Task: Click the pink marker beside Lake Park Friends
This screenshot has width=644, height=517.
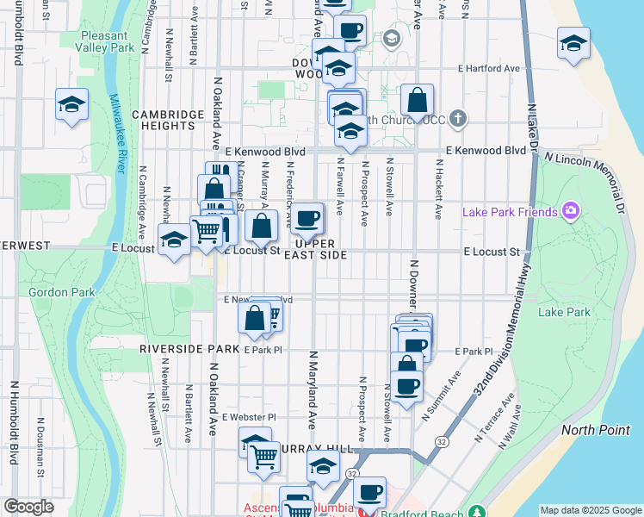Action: [569, 211]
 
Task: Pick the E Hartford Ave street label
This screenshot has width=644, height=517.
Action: [489, 68]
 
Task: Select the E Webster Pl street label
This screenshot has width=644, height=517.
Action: [248, 417]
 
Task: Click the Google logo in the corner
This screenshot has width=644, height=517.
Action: [28, 507]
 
